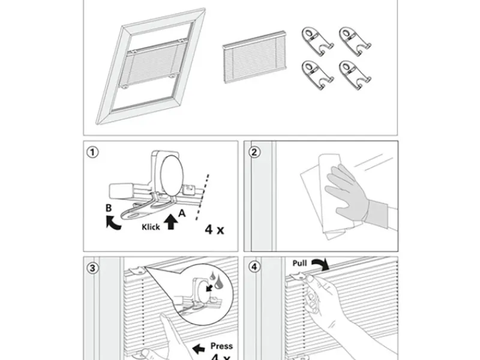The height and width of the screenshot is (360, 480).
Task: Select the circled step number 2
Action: coord(254,152)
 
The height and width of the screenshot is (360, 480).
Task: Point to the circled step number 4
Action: coord(254,268)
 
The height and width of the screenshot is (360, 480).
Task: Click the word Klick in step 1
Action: coord(151,227)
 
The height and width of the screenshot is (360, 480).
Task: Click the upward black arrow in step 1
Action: coord(171,223)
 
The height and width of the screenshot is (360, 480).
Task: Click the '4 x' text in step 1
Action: coord(214,229)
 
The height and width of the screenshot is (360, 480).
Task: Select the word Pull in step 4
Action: coord(300,263)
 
